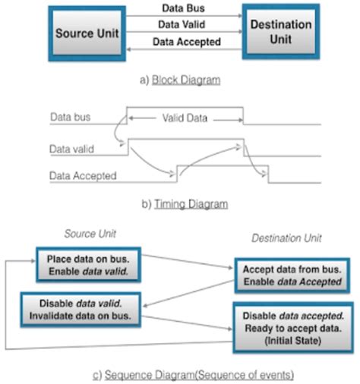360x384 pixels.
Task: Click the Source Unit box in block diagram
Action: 87,33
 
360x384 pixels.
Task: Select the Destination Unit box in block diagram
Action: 281,32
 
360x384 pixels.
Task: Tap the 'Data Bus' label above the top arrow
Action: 183,8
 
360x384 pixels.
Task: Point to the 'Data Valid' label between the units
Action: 182,24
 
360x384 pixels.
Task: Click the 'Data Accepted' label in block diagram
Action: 187,42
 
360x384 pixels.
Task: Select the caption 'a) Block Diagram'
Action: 180,80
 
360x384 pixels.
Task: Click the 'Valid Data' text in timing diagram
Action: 185,118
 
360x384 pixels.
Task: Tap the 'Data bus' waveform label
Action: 70,117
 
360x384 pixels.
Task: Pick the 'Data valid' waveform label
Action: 71,149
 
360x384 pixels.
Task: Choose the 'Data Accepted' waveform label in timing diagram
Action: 83,176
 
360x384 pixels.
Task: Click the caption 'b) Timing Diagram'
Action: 185,204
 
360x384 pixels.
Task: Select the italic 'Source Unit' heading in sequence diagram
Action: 90,234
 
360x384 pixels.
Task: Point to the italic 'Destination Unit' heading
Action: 286,238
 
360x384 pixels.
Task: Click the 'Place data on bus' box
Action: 88,265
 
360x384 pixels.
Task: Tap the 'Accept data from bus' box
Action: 292,275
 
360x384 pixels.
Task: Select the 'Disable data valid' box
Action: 81,310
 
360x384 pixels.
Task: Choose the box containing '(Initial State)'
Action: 293,328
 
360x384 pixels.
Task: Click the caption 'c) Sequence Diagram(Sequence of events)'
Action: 193,375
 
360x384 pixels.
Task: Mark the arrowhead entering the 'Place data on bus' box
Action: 33,260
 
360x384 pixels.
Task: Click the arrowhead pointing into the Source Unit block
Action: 128,49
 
